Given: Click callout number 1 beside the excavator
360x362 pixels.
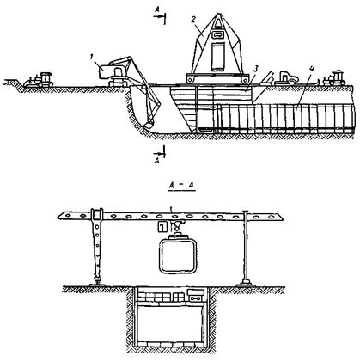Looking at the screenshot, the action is coord(92,58).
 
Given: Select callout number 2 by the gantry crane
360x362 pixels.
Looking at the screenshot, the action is coord(193,20).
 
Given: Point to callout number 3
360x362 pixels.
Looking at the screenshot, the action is coord(256,69).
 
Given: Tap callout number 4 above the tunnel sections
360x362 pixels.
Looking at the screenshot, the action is coord(312,70).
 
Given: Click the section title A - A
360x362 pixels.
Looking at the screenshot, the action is coord(181,186).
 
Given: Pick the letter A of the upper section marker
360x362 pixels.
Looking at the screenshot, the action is coord(157,10).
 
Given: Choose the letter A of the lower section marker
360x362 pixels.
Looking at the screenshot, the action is coord(156,161).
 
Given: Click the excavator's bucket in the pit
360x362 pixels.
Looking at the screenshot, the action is coord(149,125).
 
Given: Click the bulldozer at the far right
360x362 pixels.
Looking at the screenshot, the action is coord(334,77).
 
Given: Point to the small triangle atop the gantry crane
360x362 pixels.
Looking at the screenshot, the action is coord(218,22).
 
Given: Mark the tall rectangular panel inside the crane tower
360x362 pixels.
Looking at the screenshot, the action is coord(218,57).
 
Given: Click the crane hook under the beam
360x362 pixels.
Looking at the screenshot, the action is coord(176,227).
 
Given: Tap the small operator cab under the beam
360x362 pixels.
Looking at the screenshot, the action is coord(162,227).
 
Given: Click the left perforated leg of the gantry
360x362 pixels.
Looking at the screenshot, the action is coord(97,248).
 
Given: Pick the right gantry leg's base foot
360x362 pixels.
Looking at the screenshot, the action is coord(245,284).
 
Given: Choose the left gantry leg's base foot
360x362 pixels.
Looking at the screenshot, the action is coord(98,284).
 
